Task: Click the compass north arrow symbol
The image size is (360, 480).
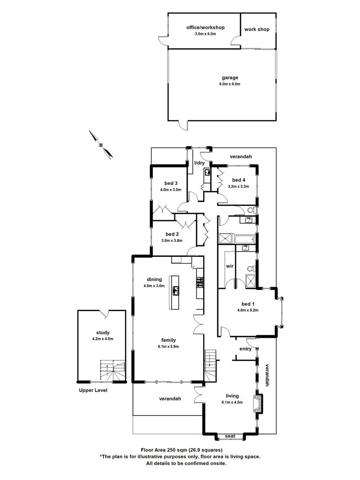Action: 101,144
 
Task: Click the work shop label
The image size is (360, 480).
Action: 257,30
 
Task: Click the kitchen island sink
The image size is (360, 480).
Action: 176,292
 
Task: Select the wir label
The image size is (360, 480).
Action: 230,266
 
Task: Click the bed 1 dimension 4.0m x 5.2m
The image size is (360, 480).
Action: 248,310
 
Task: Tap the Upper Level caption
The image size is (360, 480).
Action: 93,390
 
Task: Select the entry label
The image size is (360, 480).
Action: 245,349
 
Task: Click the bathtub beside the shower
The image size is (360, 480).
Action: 244,239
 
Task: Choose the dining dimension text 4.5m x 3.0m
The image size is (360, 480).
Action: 154,286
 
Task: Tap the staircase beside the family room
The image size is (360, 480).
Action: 210,361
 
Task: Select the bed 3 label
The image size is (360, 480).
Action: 171,183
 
